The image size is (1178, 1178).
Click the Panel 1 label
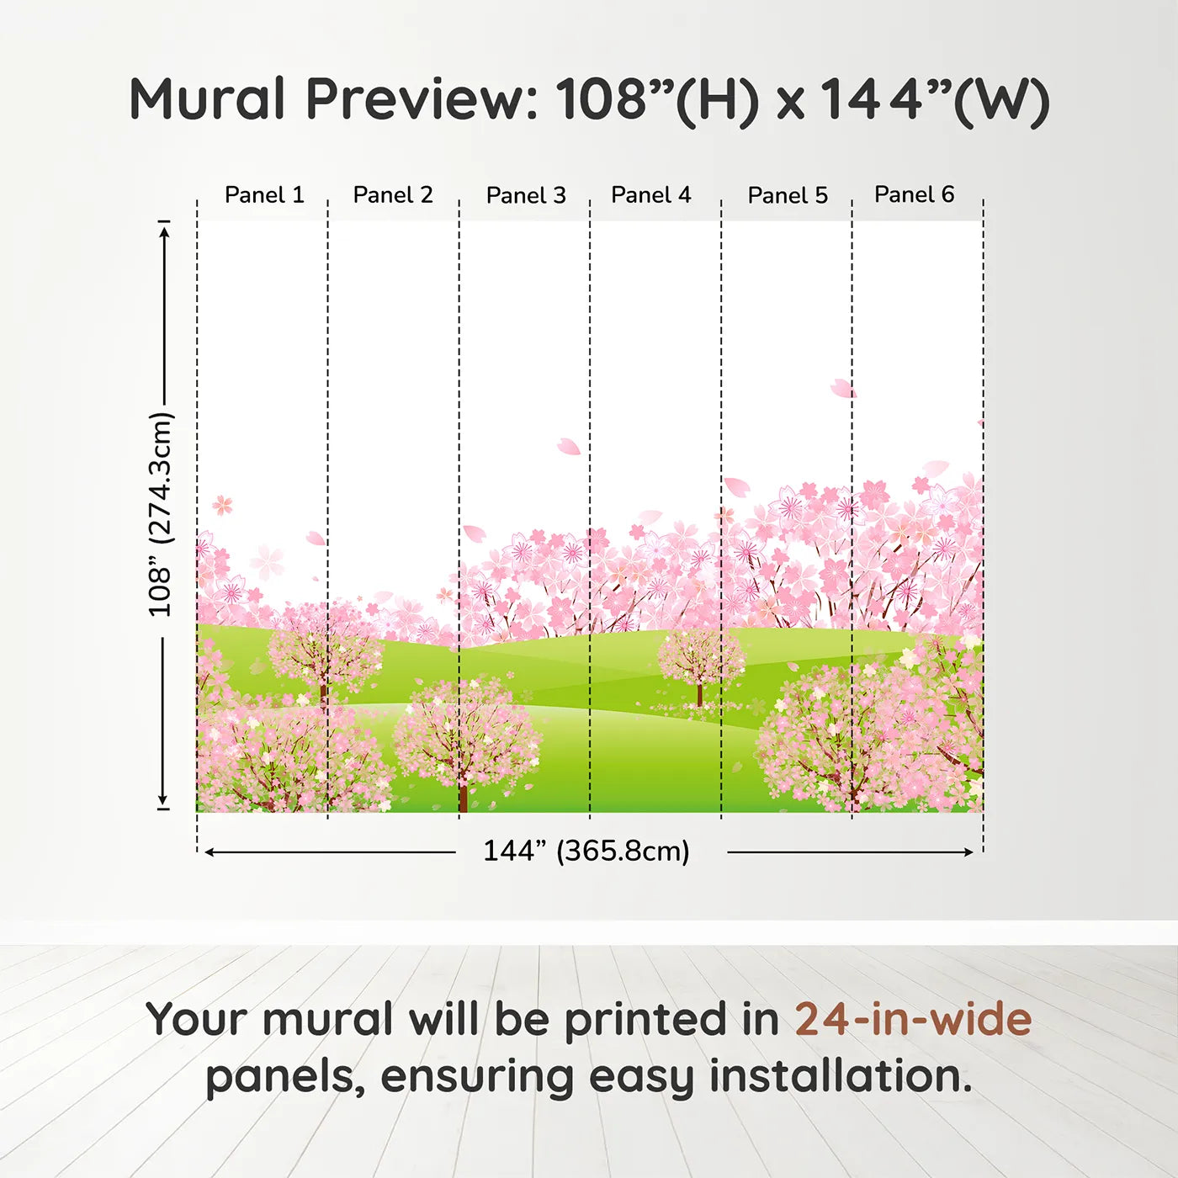point(263,195)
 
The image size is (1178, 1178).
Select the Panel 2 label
point(392,195)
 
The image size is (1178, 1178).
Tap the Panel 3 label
point(526,195)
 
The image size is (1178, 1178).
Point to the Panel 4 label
point(650,195)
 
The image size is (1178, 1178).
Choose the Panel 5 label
point(788,195)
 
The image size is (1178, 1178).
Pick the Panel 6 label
point(914,194)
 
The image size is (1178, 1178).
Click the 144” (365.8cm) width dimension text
point(586,852)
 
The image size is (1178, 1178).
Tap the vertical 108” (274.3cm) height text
point(160,514)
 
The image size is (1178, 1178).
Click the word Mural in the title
point(207,99)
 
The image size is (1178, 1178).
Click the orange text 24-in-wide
point(913,1019)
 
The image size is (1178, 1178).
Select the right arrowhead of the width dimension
point(968,852)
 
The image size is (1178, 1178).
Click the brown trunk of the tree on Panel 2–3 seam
point(462,795)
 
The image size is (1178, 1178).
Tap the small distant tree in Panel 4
point(700,661)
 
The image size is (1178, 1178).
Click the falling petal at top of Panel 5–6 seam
point(841,388)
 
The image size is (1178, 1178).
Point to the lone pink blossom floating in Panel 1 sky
point(222,505)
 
